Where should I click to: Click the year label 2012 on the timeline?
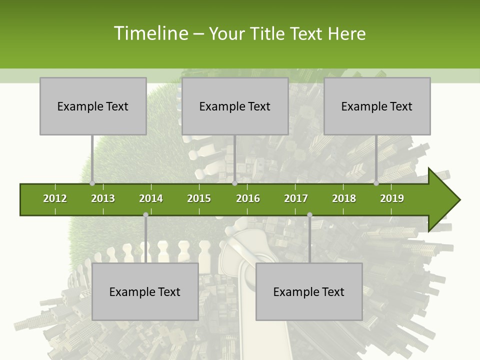[55, 198]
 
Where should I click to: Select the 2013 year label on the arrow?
[103, 198]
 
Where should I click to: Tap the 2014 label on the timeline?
[151, 198]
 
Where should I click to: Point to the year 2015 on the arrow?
[199, 198]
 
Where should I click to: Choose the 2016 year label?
[248, 198]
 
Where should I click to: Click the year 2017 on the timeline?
[296, 198]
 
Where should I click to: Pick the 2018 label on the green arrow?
[344, 198]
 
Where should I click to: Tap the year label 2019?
[392, 198]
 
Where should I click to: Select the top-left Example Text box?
[93, 106]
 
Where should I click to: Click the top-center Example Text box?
[235, 106]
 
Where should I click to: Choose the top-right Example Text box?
[377, 106]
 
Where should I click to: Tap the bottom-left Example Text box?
[145, 291]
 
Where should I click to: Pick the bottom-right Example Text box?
[309, 291]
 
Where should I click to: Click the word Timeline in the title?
[150, 33]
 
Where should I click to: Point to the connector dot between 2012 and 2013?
[92, 183]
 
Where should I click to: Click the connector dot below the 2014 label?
[145, 215]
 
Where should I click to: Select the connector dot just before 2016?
[234, 183]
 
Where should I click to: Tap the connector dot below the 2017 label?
[309, 215]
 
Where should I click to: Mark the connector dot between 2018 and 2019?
[376, 183]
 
